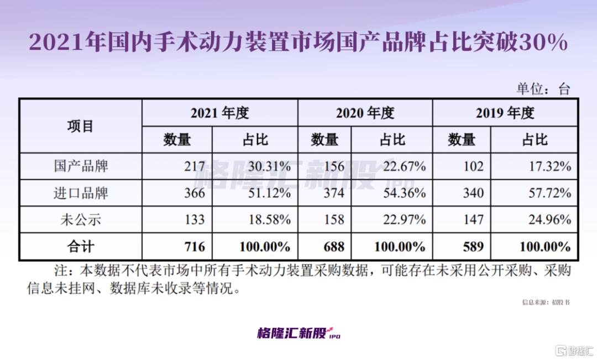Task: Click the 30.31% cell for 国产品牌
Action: pos(268,166)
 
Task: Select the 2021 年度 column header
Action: pos(220,113)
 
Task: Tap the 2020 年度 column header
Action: pos(365,113)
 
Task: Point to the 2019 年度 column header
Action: pos(505,113)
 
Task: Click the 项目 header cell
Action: pos(81,126)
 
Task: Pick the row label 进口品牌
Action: pos(81,193)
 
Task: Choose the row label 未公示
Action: pos(81,220)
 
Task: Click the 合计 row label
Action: pos(81,246)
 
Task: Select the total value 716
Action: pos(195,246)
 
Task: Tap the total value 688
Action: pos(334,246)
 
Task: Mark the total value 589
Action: pos(474,246)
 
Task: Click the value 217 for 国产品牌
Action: pos(195,166)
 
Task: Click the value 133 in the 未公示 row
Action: pos(195,220)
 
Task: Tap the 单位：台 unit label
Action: pos(543,89)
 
